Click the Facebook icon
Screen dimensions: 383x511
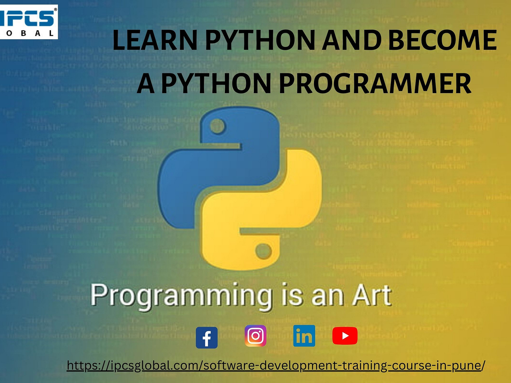[x=207, y=337]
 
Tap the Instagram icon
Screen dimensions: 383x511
[x=256, y=336]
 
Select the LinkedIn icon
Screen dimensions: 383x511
[x=304, y=336]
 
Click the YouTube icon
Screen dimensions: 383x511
[x=345, y=336]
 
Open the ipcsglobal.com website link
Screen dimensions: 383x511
[x=276, y=365]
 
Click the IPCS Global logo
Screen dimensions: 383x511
[x=29, y=22]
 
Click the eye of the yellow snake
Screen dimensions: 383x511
[x=263, y=251]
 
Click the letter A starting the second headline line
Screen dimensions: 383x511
[x=147, y=84]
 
